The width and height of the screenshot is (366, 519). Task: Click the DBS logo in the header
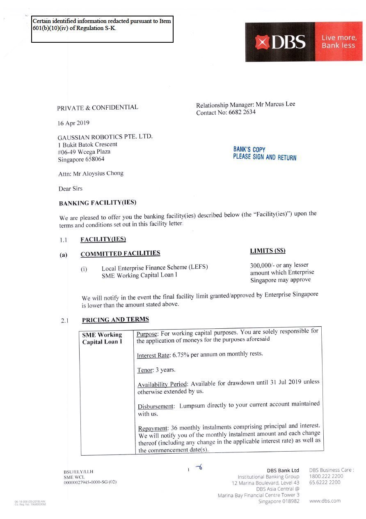[280, 42]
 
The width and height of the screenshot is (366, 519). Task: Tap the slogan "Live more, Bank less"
[339, 42]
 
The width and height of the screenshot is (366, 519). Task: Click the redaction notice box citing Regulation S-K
[103, 29]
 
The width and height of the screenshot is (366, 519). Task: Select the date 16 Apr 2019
[74, 123]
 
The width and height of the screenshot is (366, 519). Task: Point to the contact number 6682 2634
[242, 112]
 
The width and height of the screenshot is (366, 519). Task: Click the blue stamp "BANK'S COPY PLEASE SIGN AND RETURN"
[264, 154]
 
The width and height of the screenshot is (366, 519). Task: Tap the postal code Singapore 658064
[81, 159]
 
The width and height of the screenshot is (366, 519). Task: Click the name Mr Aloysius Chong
[98, 174]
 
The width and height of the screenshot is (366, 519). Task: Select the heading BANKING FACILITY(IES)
[98, 203]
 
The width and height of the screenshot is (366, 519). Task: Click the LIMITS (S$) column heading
[268, 251]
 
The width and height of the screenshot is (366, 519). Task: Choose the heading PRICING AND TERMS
[115, 320]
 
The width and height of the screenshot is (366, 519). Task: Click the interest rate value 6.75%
[181, 354]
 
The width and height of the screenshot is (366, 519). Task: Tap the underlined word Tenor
[144, 370]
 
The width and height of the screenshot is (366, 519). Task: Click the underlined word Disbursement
[156, 406]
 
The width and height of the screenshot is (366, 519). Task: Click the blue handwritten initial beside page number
[199, 467]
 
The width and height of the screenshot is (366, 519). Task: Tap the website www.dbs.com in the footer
[325, 501]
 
